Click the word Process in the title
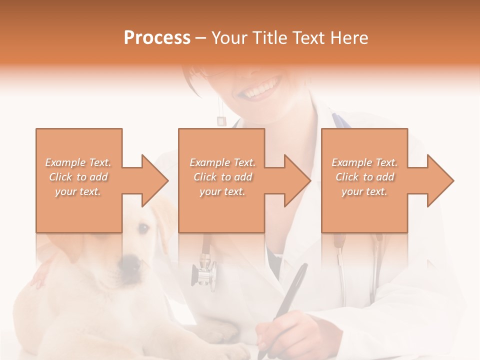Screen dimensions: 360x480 click(157, 37)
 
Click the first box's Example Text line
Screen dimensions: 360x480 click(78, 162)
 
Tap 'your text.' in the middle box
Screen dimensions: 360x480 click(222, 191)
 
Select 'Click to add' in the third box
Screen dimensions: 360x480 click(364, 177)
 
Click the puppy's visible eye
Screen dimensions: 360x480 click(143, 228)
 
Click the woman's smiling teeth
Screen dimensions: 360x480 click(262, 90)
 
